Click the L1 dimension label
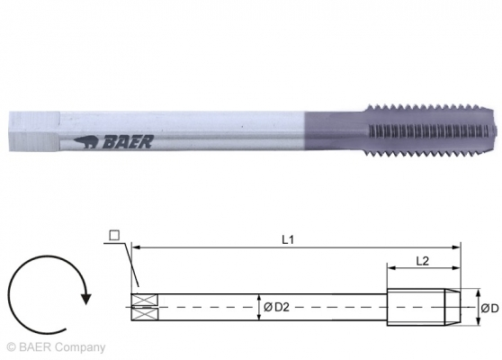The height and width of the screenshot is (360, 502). [x=286, y=240]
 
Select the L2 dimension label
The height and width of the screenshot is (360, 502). [x=420, y=260]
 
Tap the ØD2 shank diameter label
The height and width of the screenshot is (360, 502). [x=275, y=308]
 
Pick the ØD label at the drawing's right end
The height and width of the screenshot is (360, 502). [x=489, y=308]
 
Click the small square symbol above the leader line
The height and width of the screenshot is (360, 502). [x=113, y=236]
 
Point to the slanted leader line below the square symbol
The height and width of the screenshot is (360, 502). [x=126, y=265]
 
